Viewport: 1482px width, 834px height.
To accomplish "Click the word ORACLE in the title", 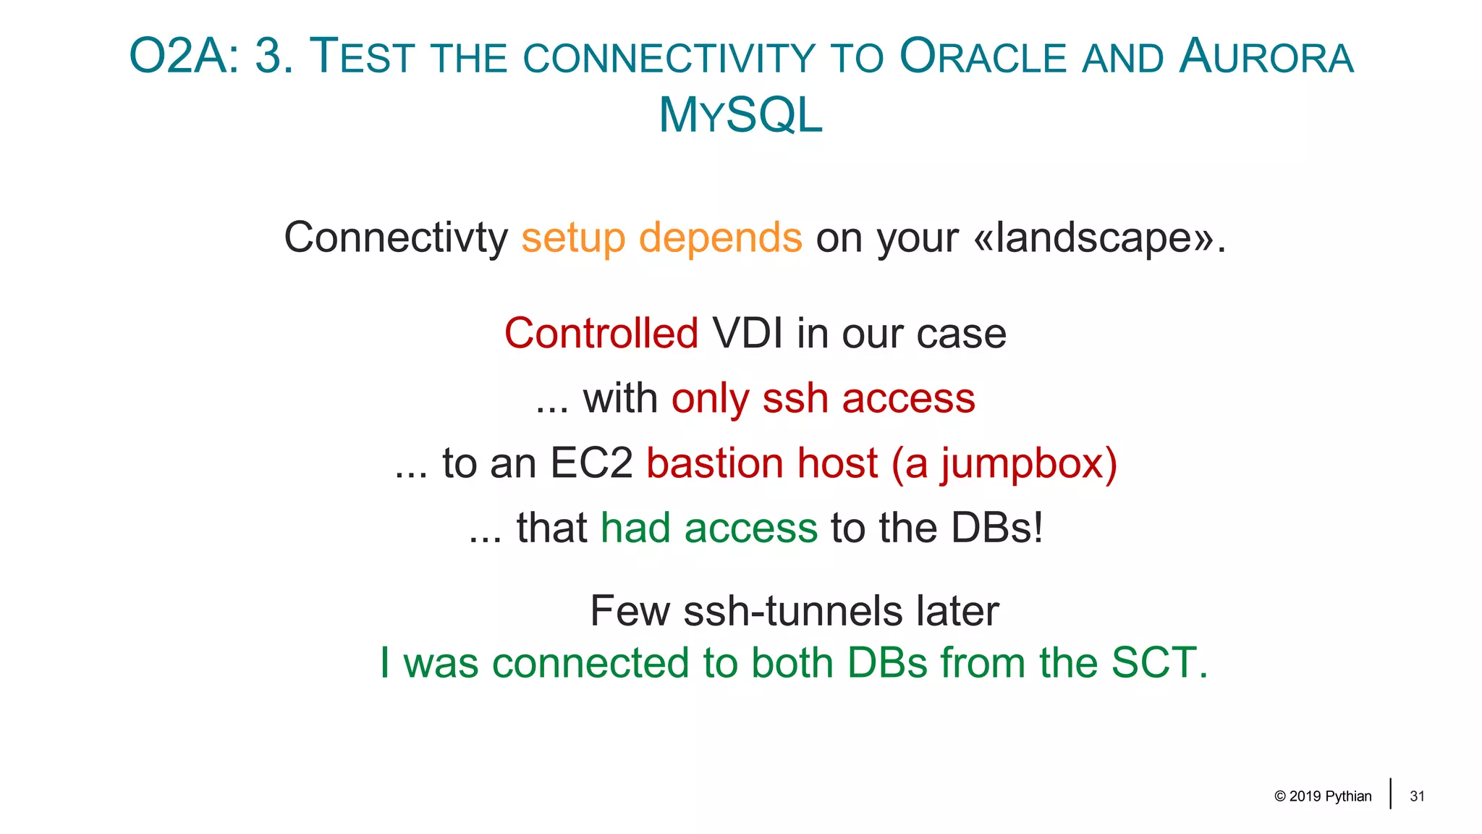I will [983, 57].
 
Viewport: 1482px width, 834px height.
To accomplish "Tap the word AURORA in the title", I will [1266, 57].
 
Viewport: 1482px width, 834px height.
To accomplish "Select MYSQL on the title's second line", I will [741, 116].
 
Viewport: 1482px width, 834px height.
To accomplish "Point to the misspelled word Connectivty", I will [396, 237].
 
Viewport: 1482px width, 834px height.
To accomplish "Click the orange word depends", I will [720, 237].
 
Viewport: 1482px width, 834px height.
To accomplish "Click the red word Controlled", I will [601, 334].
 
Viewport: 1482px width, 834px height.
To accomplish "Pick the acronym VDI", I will [747, 334].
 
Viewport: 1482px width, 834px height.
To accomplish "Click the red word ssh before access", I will [795, 399].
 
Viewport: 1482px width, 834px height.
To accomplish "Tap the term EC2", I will [591, 463].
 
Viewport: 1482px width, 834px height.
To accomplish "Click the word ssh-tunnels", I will [793, 611].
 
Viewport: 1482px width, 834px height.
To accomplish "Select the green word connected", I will [590, 663].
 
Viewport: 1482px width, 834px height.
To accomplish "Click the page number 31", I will [1417, 796].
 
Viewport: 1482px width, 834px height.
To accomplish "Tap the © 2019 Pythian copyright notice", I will [1323, 796].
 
